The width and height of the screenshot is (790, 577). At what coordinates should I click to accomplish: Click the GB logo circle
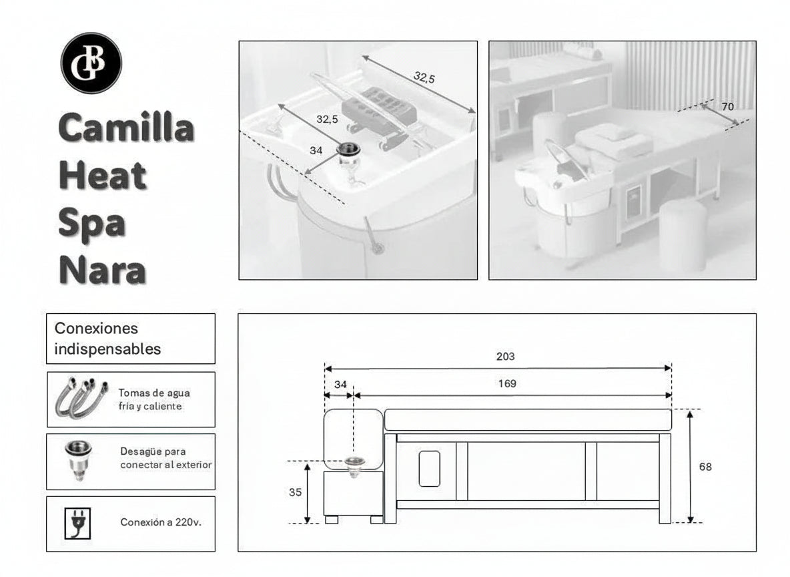92,62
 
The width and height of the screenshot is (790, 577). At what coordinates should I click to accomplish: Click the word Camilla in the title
127,128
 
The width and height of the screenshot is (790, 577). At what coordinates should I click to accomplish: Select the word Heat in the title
102,176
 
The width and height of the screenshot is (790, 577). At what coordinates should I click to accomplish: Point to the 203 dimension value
506,357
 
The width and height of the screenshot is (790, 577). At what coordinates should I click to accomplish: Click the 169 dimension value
507,384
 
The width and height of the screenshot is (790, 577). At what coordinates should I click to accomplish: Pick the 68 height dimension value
705,467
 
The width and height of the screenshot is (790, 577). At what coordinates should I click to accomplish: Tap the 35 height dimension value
296,492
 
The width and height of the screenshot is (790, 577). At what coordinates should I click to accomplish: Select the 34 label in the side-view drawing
340,384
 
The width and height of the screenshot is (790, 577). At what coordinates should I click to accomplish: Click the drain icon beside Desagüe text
78,461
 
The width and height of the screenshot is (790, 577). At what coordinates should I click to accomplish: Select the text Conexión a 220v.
161,522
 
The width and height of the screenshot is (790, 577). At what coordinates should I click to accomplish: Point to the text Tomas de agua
154,393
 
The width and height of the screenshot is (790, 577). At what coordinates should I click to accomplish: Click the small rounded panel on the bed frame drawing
430,468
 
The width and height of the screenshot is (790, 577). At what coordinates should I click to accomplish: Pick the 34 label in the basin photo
316,151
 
